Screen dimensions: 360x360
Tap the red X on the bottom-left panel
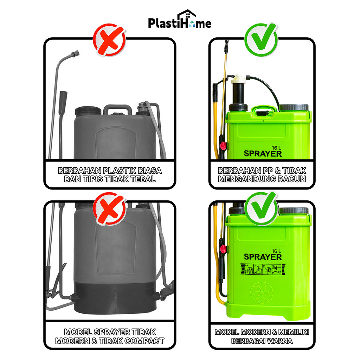pyautogui.click(x=110, y=209)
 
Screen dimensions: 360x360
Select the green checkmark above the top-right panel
pyautogui.click(x=262, y=39)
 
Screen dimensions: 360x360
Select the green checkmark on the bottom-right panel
pyautogui.click(x=262, y=208)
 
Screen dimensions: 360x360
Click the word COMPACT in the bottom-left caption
pyautogui.click(x=144, y=341)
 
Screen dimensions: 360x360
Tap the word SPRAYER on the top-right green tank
pyautogui.click(x=263, y=154)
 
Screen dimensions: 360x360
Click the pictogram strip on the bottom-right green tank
pyautogui.click(x=263, y=269)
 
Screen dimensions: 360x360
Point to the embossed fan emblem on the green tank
pyautogui.click(x=262, y=293)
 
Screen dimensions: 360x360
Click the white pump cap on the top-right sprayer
pyautogui.click(x=238, y=79)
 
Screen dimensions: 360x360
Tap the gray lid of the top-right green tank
pyautogui.click(x=294, y=108)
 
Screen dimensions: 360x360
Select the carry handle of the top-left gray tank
pyautogui.click(x=117, y=109)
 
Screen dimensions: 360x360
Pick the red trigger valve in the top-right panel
pyautogui.click(x=223, y=146)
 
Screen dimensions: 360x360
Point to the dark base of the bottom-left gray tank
pyautogui.click(x=115, y=298)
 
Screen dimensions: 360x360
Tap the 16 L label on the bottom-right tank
pyautogui.click(x=276, y=251)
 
